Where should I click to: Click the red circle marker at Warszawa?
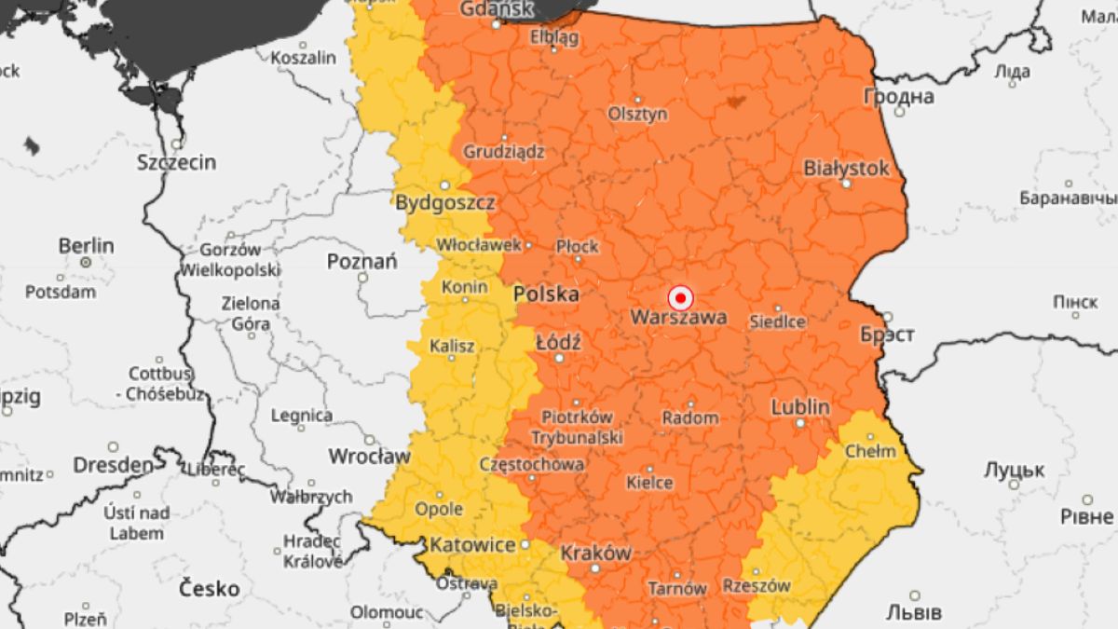[x=681, y=298]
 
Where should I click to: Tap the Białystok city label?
[x=846, y=168]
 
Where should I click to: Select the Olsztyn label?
[x=637, y=114]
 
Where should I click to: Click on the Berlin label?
[x=86, y=246]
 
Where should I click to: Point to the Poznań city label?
[x=362, y=262]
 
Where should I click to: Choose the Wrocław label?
[x=369, y=457]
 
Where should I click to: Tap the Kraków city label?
[x=595, y=553]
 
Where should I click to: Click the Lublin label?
[x=799, y=407]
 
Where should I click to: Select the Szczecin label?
[x=176, y=162]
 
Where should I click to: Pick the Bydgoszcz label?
[x=445, y=202]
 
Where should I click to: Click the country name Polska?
[x=546, y=294]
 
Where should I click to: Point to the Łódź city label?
[x=559, y=343]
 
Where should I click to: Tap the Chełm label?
[x=869, y=452]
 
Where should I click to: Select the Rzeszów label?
[x=757, y=586]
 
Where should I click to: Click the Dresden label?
[x=113, y=464]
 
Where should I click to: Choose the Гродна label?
[x=899, y=96]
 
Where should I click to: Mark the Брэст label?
[x=887, y=335]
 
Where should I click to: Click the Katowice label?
[x=473, y=544]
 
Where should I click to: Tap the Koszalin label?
[x=303, y=58]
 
